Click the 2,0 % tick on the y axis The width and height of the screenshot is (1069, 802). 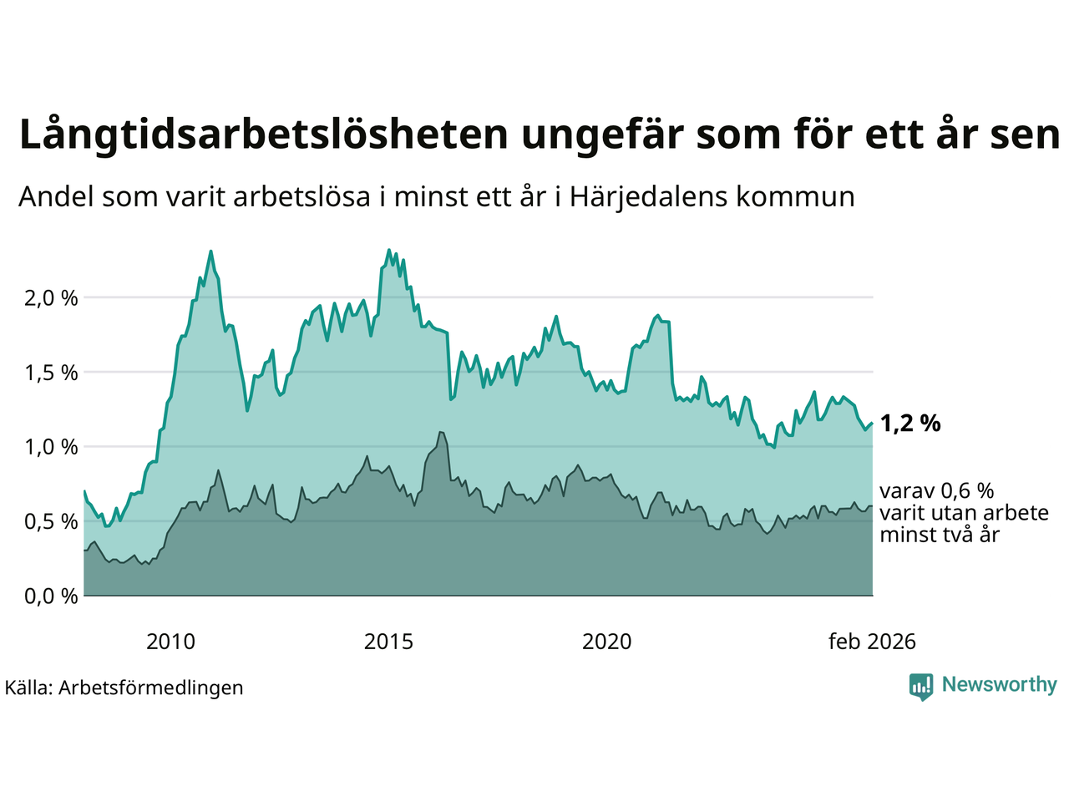[x=47, y=297]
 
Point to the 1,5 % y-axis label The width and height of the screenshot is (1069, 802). [x=47, y=373]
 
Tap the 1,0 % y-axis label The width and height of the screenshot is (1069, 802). [x=47, y=447]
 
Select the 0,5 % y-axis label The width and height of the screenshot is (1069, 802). [x=47, y=521]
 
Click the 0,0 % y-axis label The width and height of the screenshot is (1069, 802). [x=47, y=596]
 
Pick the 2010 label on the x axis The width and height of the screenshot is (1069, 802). [x=170, y=642]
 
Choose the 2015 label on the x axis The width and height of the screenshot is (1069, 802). [x=388, y=642]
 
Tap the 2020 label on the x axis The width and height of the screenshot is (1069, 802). [x=606, y=642]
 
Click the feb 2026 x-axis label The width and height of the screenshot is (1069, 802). [x=872, y=642]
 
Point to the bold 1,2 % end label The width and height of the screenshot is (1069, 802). [x=910, y=424]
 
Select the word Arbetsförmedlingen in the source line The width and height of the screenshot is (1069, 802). [x=151, y=688]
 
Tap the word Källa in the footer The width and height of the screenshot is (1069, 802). [x=28, y=688]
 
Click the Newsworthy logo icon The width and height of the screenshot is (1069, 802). [x=921, y=687]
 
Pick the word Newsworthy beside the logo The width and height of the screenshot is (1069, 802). [x=999, y=685]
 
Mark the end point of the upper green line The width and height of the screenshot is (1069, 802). [x=872, y=424]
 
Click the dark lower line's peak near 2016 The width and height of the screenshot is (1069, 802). [x=441, y=432]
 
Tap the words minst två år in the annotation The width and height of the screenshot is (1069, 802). [x=940, y=535]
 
